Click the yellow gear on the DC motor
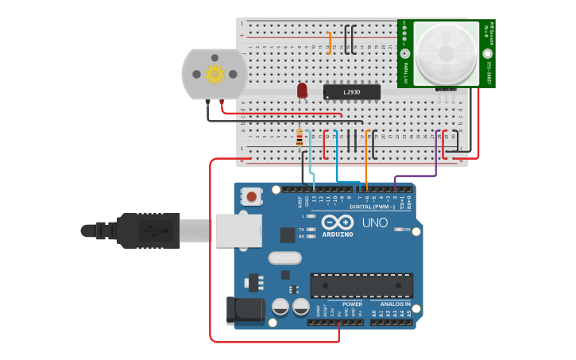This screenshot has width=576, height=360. tap(215, 74)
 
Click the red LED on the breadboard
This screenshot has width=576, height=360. tap(302, 90)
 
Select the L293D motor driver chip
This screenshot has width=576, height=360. tap(351, 92)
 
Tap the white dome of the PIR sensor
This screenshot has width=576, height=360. tap(446, 54)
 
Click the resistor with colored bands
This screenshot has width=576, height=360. tap(300, 138)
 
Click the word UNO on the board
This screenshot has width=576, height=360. tap(374, 223)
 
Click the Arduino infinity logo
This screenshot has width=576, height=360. tap(338, 223)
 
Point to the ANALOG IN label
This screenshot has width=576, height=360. tap(395, 304)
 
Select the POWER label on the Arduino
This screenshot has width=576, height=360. tap(352, 304)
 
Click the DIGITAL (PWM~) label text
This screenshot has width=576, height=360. tap(373, 206)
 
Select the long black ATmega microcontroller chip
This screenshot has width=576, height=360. tap(361, 285)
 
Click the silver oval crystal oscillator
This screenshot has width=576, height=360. tap(284, 257)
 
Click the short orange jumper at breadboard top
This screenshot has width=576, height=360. tap(330, 43)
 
